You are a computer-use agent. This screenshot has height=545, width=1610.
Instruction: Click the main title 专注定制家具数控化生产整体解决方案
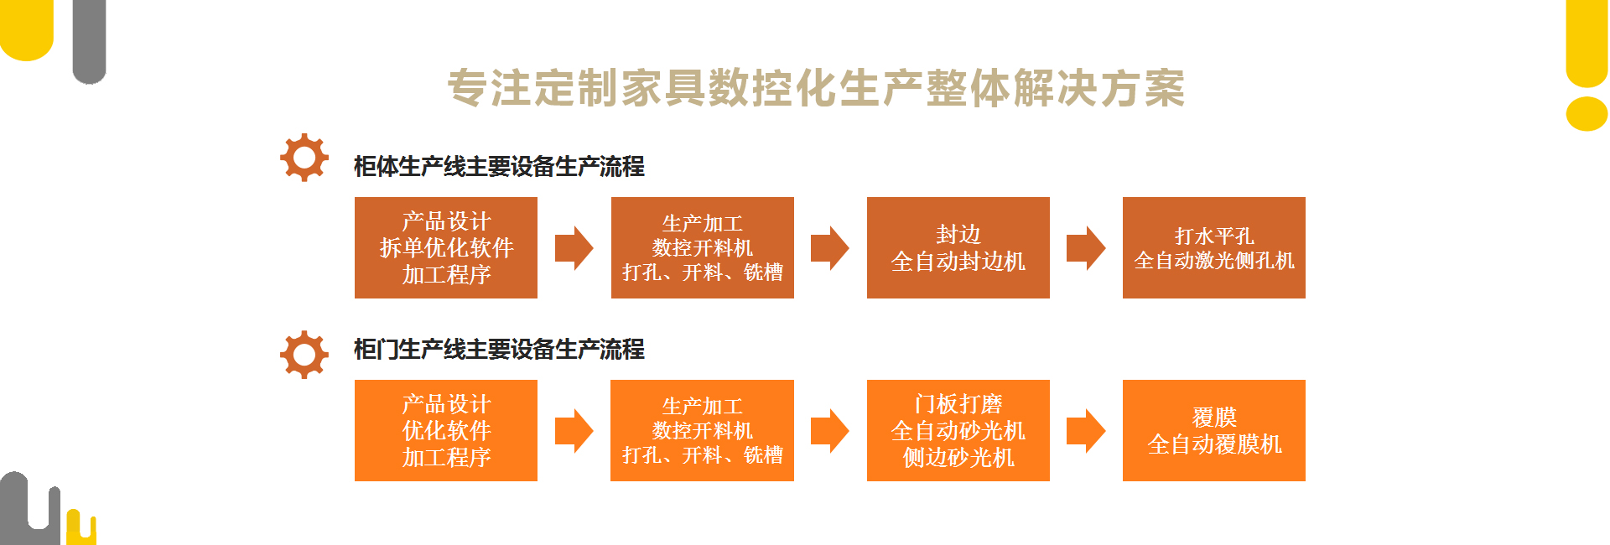pos(816,88)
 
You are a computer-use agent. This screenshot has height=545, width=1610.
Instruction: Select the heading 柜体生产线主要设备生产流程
pos(499,166)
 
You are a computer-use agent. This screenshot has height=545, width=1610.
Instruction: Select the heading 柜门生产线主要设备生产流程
pos(499,349)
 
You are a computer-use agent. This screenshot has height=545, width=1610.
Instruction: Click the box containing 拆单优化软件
pos(446,247)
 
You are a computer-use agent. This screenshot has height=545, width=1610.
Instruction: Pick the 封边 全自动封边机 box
pos(958,247)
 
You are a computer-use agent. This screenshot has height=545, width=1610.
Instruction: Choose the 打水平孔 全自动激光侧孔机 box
pos(1214,247)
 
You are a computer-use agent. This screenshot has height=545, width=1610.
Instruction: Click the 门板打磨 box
pos(958,430)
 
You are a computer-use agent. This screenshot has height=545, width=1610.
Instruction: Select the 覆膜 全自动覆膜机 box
pos(1214,430)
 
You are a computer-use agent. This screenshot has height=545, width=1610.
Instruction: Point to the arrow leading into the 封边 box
pos(830,248)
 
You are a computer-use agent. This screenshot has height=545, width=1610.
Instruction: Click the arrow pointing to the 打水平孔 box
pos(1086,248)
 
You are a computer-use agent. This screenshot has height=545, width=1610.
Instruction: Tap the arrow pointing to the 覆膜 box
pos(1086,431)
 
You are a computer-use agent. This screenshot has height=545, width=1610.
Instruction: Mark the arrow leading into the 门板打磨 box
pos(830,431)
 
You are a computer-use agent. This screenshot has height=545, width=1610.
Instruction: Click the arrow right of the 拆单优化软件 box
pos(574,248)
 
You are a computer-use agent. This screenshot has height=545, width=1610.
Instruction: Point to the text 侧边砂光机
pos(958,457)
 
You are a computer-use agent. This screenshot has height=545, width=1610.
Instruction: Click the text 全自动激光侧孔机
pos(1214,261)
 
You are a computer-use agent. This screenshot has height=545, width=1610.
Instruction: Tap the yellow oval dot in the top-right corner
pos(1587,113)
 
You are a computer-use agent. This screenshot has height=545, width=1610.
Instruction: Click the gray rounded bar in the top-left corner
pos(90,42)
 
